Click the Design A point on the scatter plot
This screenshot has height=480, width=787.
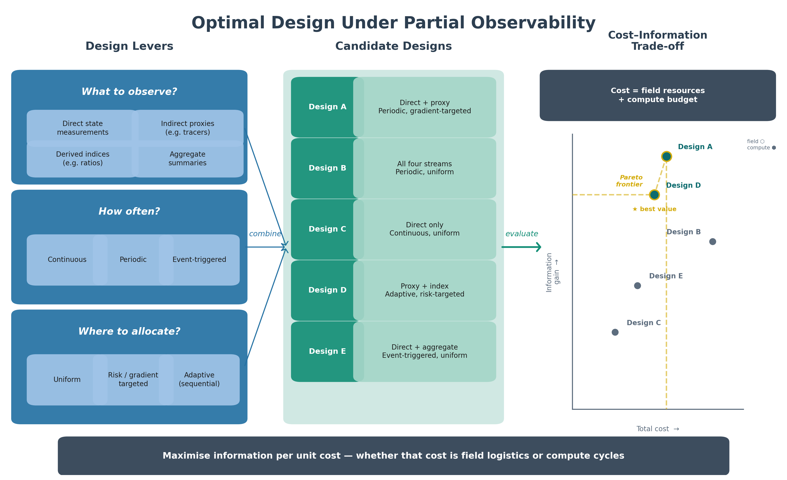(666, 156)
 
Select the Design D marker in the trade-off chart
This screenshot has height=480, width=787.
(654, 195)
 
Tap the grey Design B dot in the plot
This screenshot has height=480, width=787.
(713, 241)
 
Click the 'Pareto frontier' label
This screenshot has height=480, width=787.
(629, 181)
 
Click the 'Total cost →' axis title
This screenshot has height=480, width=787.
(658, 429)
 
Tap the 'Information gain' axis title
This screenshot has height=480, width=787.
(553, 272)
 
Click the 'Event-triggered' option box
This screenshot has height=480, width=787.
(199, 260)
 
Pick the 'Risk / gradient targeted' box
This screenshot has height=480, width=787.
(133, 380)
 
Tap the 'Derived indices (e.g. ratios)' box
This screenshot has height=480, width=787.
(83, 159)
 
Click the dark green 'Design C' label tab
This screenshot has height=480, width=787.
(327, 229)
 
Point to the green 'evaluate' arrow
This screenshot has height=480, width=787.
(521, 247)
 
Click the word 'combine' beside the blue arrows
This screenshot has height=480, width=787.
(265, 234)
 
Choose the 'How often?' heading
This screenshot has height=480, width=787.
(129, 212)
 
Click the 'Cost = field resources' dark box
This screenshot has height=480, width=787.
(658, 95)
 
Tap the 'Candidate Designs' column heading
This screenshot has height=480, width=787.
(393, 46)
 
